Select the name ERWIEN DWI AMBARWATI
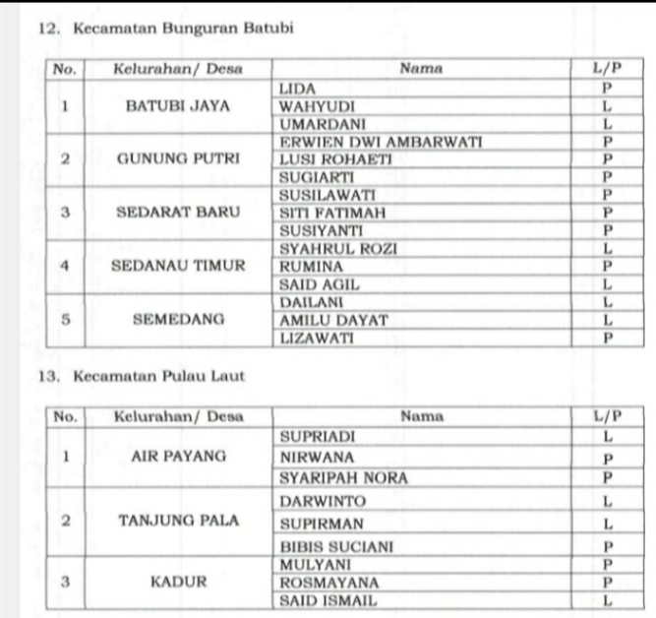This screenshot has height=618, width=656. click(x=381, y=143)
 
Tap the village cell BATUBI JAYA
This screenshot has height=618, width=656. click(x=178, y=106)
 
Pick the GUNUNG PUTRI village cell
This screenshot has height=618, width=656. click(x=178, y=159)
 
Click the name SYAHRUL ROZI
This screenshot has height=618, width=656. click(x=338, y=249)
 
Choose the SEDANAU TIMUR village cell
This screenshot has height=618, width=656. click(x=178, y=266)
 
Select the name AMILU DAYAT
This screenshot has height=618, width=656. click(x=334, y=320)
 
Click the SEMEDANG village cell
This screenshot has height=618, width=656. click(x=178, y=320)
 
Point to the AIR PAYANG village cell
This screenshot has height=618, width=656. click(x=178, y=457)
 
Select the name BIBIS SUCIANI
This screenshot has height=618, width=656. click(x=336, y=545)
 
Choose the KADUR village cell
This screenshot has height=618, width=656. click(x=178, y=582)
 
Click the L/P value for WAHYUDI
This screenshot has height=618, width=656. click(x=609, y=106)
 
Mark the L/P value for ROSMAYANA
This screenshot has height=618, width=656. click(x=609, y=582)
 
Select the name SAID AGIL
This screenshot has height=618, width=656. click(x=320, y=284)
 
